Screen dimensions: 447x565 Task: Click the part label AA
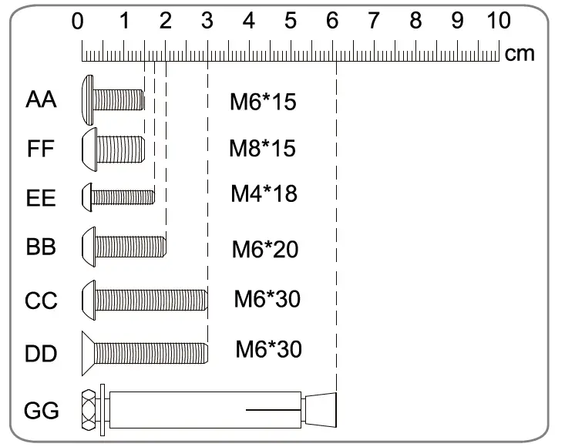tap(42, 100)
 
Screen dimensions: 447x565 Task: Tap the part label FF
tap(41, 149)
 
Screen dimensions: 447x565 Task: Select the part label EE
tap(41, 199)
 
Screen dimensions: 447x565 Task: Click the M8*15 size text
tap(262, 148)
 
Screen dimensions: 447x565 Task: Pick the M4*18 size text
tap(264, 193)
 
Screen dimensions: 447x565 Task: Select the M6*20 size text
tap(264, 250)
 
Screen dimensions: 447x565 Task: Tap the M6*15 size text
tap(263, 102)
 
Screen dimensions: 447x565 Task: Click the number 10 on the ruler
tap(495, 21)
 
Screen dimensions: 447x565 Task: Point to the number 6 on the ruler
tap(331, 21)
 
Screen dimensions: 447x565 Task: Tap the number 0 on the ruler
tap(77, 21)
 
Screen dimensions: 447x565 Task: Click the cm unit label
tap(520, 55)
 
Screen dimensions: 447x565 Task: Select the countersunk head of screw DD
tap(88, 352)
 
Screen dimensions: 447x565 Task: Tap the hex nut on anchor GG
tap(88, 408)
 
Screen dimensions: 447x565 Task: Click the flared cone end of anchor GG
tap(321, 408)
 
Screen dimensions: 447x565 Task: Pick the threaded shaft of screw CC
tap(151, 299)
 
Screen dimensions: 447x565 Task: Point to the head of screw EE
tap(87, 197)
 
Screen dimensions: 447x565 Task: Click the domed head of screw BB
tap(88, 247)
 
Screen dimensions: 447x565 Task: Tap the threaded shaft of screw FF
tap(119, 148)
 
